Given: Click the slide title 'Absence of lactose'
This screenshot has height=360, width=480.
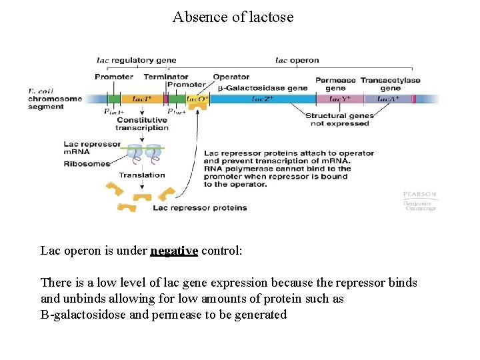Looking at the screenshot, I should (233, 17).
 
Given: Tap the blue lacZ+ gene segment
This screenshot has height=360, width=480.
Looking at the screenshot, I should (262, 99).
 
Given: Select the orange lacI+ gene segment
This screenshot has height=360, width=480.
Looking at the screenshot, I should (142, 99).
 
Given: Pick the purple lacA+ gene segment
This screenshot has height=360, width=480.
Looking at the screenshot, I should (389, 99).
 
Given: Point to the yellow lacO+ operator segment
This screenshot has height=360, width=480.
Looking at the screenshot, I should (197, 99).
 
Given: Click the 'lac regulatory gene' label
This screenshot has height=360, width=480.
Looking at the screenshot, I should (137, 60).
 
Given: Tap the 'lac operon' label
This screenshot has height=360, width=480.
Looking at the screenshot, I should (297, 60).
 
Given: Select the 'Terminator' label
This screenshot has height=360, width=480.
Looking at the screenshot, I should (165, 77).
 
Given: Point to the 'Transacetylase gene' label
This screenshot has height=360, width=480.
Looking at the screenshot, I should (391, 84).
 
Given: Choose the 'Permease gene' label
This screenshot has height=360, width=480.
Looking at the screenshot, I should (335, 84).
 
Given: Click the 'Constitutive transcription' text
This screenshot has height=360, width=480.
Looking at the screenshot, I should (141, 124).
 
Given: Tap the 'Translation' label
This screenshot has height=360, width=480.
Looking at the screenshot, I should (141, 175).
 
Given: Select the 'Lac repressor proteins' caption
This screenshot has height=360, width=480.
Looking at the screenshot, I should (199, 208).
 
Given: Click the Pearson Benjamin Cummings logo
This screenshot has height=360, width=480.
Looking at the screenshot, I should (419, 201).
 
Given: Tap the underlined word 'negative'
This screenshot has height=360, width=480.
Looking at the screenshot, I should (174, 251).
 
